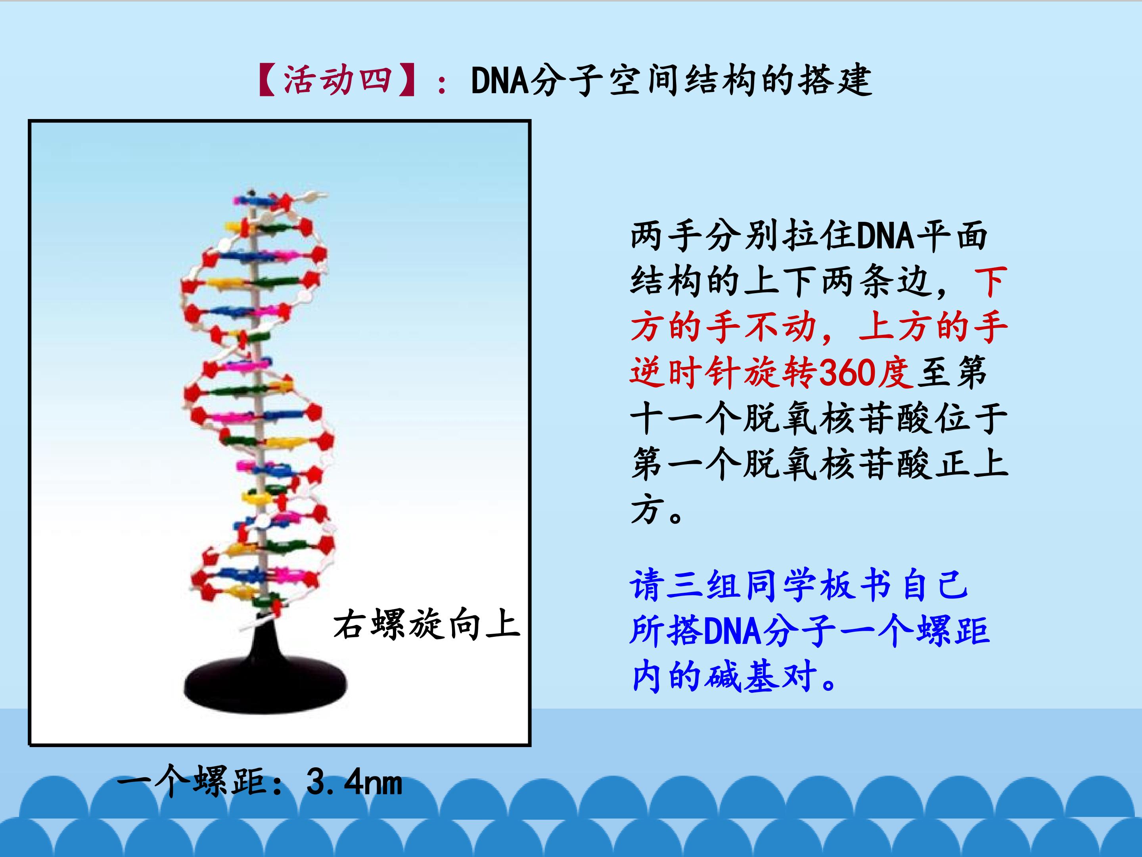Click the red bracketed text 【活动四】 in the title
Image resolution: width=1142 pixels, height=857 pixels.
(x=339, y=81)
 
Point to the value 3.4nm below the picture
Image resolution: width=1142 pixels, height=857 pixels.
(x=354, y=782)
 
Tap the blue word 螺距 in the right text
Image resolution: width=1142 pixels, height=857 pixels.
(x=953, y=631)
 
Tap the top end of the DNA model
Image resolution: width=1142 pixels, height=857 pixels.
(x=251, y=192)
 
